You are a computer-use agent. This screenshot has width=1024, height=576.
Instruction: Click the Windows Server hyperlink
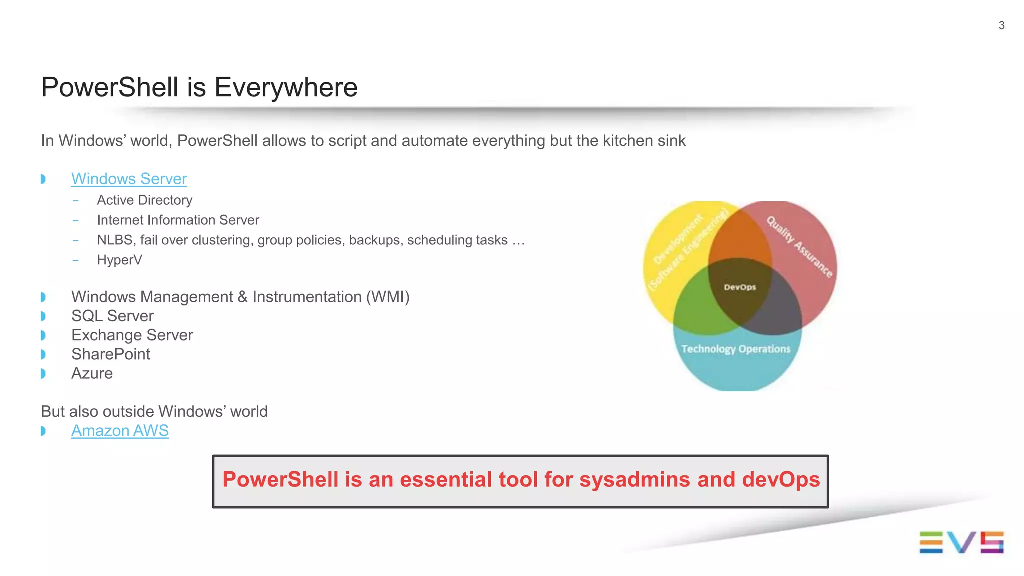(x=129, y=179)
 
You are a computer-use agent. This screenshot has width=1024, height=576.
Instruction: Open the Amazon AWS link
(x=120, y=431)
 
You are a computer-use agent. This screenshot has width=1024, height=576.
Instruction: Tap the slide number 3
(x=1001, y=26)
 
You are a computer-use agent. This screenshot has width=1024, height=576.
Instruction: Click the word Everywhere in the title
(x=286, y=87)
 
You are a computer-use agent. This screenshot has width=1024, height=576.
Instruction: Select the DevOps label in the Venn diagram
(x=740, y=287)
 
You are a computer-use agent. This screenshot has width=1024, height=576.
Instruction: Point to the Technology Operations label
(x=735, y=349)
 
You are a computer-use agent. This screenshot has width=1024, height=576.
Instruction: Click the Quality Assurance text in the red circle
(x=799, y=247)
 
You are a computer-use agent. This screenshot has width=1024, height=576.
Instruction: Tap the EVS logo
(x=961, y=542)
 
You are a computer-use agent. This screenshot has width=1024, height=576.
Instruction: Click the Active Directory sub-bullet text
(x=144, y=200)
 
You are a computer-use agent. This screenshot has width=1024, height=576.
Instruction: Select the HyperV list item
(x=119, y=260)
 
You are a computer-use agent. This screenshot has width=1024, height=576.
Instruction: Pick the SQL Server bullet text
(x=112, y=316)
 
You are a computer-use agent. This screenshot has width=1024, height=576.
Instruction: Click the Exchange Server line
(x=132, y=335)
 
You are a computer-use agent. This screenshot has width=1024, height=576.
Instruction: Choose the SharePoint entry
(x=110, y=354)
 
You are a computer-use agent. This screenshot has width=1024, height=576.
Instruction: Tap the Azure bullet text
(x=92, y=374)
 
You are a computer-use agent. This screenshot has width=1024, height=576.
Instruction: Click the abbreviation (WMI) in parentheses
(x=388, y=297)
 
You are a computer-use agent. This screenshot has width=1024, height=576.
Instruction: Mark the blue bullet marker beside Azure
(x=43, y=374)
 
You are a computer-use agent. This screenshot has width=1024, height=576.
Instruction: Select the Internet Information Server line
(x=178, y=220)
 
